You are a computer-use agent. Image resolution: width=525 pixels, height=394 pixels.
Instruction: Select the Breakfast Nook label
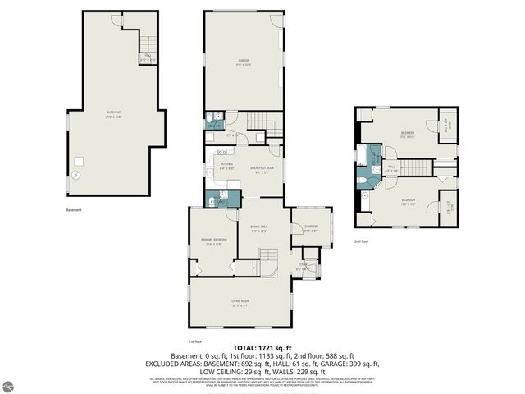coord(262,170)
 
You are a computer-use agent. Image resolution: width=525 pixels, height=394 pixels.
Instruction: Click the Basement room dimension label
coord(114,114)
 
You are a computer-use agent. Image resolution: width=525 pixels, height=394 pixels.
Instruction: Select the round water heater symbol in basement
coord(76,175)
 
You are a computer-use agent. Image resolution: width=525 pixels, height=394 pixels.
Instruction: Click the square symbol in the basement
coord(80,161)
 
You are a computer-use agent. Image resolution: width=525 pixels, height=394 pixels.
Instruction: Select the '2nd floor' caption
coord(362,242)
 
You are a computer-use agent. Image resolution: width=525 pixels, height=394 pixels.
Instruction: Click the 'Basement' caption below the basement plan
coord(75,209)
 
